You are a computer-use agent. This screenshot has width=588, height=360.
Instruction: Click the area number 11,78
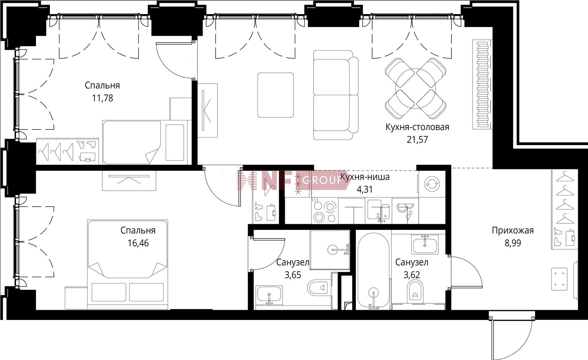(x=103, y=98)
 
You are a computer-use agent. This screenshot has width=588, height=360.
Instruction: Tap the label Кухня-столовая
(x=417, y=127)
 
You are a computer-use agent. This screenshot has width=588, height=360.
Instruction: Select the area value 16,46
(x=138, y=243)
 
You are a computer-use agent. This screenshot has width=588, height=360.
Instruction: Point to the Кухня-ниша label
(x=365, y=177)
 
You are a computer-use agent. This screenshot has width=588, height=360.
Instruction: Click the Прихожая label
(x=513, y=231)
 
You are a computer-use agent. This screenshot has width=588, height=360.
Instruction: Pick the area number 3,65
(x=293, y=275)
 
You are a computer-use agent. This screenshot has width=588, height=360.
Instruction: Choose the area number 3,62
(x=412, y=275)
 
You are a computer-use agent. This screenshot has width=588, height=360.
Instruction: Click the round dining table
(x=415, y=88)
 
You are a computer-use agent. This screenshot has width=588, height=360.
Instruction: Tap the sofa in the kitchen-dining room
(x=336, y=95)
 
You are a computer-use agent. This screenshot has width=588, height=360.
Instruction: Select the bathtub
(x=374, y=271)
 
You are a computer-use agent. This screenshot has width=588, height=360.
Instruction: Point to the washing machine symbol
(x=432, y=184)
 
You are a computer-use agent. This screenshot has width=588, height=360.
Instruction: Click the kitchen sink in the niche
(x=379, y=210)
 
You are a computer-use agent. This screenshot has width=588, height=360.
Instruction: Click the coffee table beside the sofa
(x=276, y=95)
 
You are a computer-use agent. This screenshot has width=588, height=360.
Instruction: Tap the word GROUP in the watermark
(x=322, y=181)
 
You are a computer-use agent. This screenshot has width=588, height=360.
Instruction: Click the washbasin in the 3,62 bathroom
(x=425, y=245)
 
